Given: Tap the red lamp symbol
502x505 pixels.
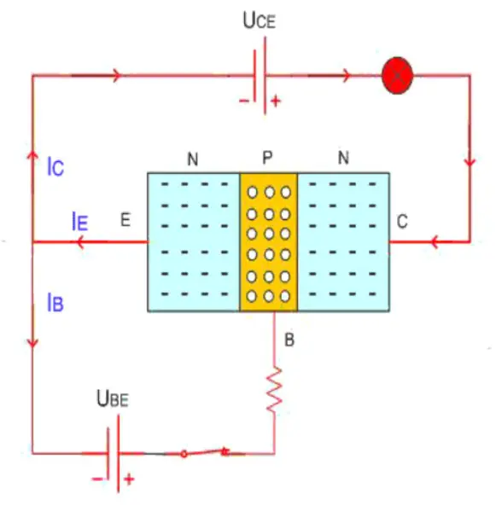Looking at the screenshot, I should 397,76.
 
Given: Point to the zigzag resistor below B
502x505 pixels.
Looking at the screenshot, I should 274,391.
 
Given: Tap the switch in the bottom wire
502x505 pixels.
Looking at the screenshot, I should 206,451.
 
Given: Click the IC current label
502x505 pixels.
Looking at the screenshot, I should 55,167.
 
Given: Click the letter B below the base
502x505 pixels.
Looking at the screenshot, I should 289,341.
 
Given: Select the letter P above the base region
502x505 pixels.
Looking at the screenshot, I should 267,158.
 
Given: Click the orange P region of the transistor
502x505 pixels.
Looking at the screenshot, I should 268,242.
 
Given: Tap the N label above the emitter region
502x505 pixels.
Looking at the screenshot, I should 191,158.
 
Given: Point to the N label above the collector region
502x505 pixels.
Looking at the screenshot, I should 343,158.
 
